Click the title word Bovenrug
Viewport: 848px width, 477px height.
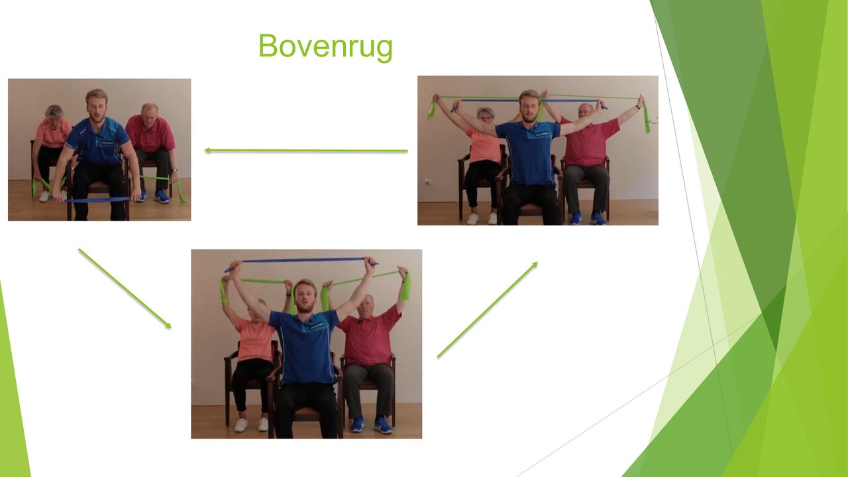point(325,46)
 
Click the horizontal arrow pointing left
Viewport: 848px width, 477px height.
point(306,151)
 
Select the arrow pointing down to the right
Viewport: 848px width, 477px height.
point(125,288)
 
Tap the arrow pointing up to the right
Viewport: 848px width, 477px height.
point(487,309)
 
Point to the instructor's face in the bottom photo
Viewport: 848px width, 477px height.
point(305,296)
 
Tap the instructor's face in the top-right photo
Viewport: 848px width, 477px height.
point(529,107)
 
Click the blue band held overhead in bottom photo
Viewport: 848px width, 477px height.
point(301,260)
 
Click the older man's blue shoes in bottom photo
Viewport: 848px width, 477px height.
point(371,425)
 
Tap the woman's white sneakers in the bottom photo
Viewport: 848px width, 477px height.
point(250,425)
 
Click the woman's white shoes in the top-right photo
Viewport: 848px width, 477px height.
point(482,219)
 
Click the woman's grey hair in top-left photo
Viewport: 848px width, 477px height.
point(54,111)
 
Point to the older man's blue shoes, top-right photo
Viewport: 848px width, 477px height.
point(587,218)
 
